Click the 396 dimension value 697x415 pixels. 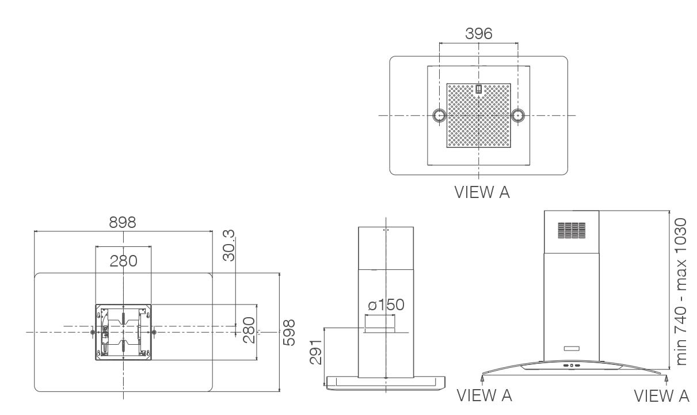click(x=478, y=33)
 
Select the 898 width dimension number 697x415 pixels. click(x=123, y=222)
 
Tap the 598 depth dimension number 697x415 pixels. click(x=289, y=332)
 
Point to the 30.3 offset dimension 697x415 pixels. click(x=228, y=245)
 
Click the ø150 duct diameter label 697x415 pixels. click(x=386, y=304)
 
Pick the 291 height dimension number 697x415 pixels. click(x=315, y=352)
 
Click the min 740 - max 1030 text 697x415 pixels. click(x=681, y=291)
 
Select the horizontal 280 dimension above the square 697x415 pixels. click(x=124, y=261)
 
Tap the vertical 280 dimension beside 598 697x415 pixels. click(x=249, y=330)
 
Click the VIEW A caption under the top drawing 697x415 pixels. click(x=482, y=192)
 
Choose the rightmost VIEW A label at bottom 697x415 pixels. click(x=661, y=395)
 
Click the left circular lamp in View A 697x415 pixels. click(x=439, y=116)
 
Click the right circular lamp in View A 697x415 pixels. click(x=518, y=116)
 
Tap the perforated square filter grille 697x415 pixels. click(x=478, y=116)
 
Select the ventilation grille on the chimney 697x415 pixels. click(x=572, y=230)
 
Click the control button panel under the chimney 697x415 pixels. click(x=572, y=365)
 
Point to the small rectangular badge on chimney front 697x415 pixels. click(x=572, y=348)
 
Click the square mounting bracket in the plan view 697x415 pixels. click(x=123, y=332)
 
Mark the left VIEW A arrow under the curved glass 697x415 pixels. click(x=482, y=379)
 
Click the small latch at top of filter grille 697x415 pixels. click(x=478, y=89)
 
